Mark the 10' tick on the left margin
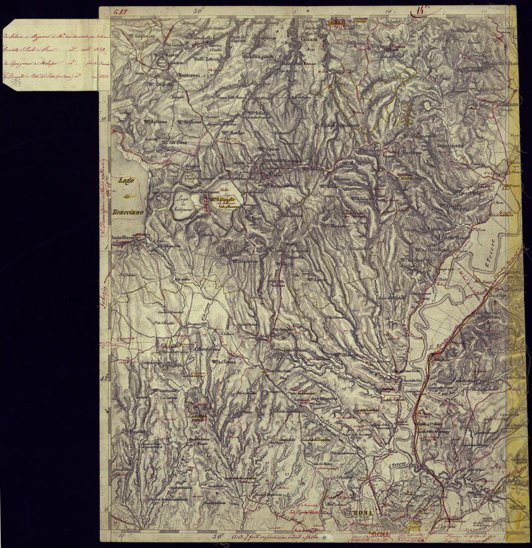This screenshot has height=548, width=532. click(x=104, y=119)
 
